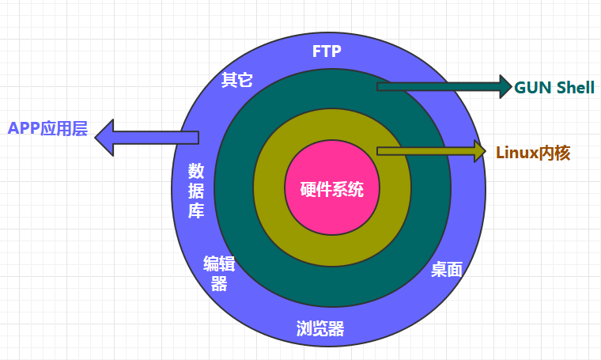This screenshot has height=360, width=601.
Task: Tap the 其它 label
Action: pyautogui.click(x=237, y=80)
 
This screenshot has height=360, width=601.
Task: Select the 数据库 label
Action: pyautogui.click(x=197, y=191)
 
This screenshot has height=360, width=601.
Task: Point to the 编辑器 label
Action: pyautogui.click(x=219, y=273)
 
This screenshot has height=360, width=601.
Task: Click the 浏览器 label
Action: pyautogui.click(x=320, y=329)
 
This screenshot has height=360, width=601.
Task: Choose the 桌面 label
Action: pyautogui.click(x=446, y=269)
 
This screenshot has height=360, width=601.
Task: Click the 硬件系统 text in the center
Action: pyautogui.click(x=332, y=191)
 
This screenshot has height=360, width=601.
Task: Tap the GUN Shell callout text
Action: pyautogui.click(x=554, y=88)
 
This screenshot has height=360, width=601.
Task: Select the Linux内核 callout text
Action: pyautogui.click(x=533, y=153)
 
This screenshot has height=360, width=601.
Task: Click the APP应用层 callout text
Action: pyautogui.click(x=47, y=129)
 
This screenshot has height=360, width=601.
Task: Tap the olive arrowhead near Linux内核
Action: pyautogui.click(x=478, y=150)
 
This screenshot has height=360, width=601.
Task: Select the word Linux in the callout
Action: pyautogui.click(x=516, y=153)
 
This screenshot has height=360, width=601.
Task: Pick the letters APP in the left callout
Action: pyautogui.click(x=24, y=129)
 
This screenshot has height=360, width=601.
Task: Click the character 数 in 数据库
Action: pyautogui.click(x=197, y=170)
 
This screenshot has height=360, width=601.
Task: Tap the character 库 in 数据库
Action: pyautogui.click(x=197, y=211)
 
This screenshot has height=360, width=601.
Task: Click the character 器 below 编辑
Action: pyautogui.click(x=219, y=284)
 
